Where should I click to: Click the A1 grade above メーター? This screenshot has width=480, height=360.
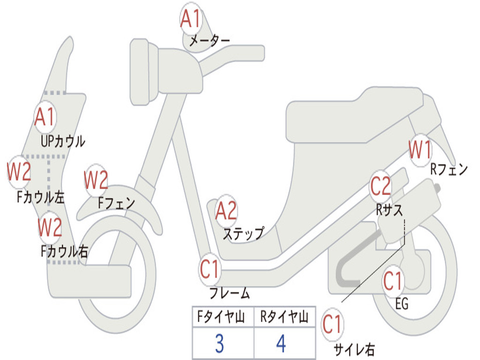coord(191,19)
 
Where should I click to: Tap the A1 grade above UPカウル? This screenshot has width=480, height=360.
coord(45,117)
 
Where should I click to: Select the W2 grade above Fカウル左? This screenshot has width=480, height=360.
coord(19,172)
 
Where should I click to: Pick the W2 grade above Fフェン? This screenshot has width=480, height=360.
coord(96,180)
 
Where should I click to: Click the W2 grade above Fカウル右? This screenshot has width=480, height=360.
coord(50,227)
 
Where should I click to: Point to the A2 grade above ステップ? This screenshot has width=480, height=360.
coord(226,211)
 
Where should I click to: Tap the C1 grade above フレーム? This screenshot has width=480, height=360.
coord(210,269)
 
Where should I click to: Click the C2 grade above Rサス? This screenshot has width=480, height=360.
coord(381,187)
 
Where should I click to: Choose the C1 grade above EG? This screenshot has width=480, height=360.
coord(393,281)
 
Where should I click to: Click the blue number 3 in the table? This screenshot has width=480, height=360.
coord(219,344)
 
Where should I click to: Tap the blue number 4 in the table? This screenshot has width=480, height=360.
coord(281,344)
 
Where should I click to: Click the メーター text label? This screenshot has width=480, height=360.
coord(209,41)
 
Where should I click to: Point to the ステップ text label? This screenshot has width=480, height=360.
coord(243,233)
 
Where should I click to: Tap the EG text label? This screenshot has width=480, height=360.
coord(402,304)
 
